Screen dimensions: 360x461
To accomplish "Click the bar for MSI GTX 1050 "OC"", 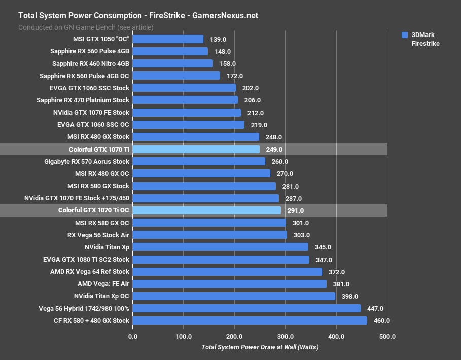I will click(x=168, y=39).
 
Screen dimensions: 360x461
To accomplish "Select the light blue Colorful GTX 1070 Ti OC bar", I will click(x=207, y=210).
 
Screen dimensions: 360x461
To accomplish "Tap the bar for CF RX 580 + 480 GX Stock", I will click(x=250, y=320).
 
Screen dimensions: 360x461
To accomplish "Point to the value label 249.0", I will click(x=274, y=150).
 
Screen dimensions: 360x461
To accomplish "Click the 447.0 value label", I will click(x=375, y=308).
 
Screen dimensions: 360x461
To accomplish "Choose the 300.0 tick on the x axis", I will click(x=286, y=336).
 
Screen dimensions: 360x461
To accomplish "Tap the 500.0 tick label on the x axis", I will click(x=387, y=336).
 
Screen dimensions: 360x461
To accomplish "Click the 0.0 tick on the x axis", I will click(x=133, y=336).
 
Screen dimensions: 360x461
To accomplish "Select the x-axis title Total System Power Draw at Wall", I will click(x=260, y=347).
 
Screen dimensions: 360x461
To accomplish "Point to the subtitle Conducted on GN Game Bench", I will click(x=86, y=27).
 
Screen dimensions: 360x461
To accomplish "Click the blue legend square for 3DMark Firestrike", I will click(x=405, y=35).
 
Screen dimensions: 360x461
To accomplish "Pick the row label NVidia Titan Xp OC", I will click(x=101, y=296).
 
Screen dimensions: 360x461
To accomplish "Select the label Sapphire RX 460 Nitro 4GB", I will click(x=91, y=63).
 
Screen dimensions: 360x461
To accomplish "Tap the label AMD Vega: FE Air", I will click(x=103, y=284).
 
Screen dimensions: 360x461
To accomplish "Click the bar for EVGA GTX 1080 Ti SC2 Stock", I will click(x=221, y=260).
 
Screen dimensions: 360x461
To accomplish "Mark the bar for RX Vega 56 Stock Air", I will click(x=210, y=235).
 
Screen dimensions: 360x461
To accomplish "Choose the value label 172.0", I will click(x=234, y=76).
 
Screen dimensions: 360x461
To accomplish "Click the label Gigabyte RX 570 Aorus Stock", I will click(x=87, y=161).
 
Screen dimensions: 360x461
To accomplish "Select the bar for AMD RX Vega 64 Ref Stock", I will click(x=227, y=272).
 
